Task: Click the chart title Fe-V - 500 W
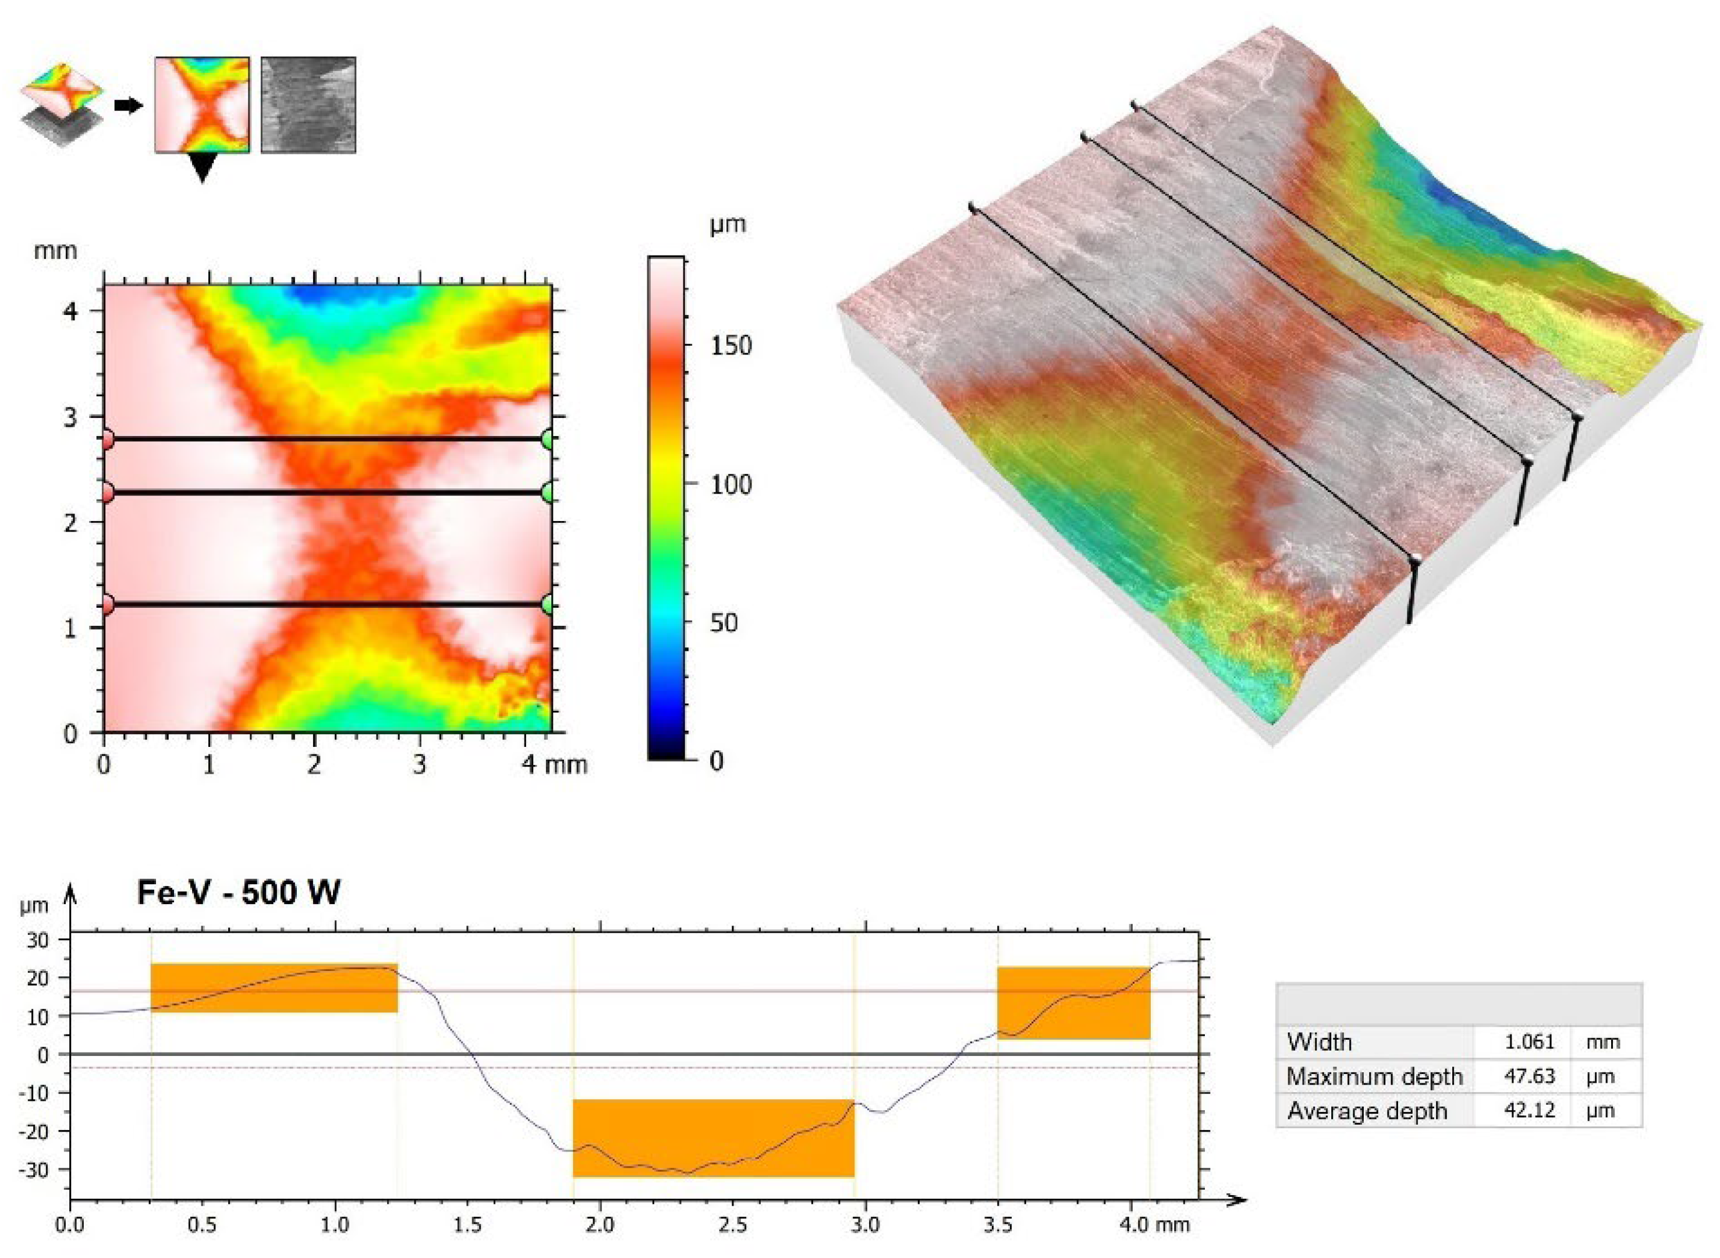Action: pos(238,892)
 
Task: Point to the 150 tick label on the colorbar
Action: pos(730,346)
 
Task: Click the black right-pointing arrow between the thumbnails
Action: pos(129,105)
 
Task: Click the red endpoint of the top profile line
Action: pos(106,440)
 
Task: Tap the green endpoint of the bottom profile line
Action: pos(548,605)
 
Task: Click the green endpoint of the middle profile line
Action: pos(548,492)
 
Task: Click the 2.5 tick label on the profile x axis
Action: pos(732,1226)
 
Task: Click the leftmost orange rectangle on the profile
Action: pos(274,988)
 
